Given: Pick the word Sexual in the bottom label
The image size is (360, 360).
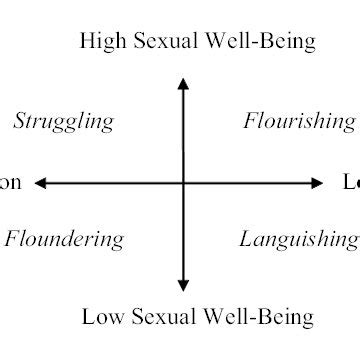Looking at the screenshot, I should tap(165, 318).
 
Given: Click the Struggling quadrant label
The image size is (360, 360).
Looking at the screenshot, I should tap(63, 123).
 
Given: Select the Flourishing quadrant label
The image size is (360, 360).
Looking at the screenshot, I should tap(299, 123).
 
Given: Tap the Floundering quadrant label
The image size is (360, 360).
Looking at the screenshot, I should tap(64, 240).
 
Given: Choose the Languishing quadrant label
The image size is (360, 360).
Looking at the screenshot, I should tap(299, 240).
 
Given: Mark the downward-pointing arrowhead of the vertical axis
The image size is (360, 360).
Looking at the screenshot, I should tap(183, 284).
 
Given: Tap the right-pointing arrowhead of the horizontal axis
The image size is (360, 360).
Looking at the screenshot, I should tap(318, 183).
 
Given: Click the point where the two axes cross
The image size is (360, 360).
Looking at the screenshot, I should tap(183, 183).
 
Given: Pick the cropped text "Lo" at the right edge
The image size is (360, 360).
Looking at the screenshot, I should tap(351, 183).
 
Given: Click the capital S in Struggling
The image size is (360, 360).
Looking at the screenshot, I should tap(20, 122).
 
